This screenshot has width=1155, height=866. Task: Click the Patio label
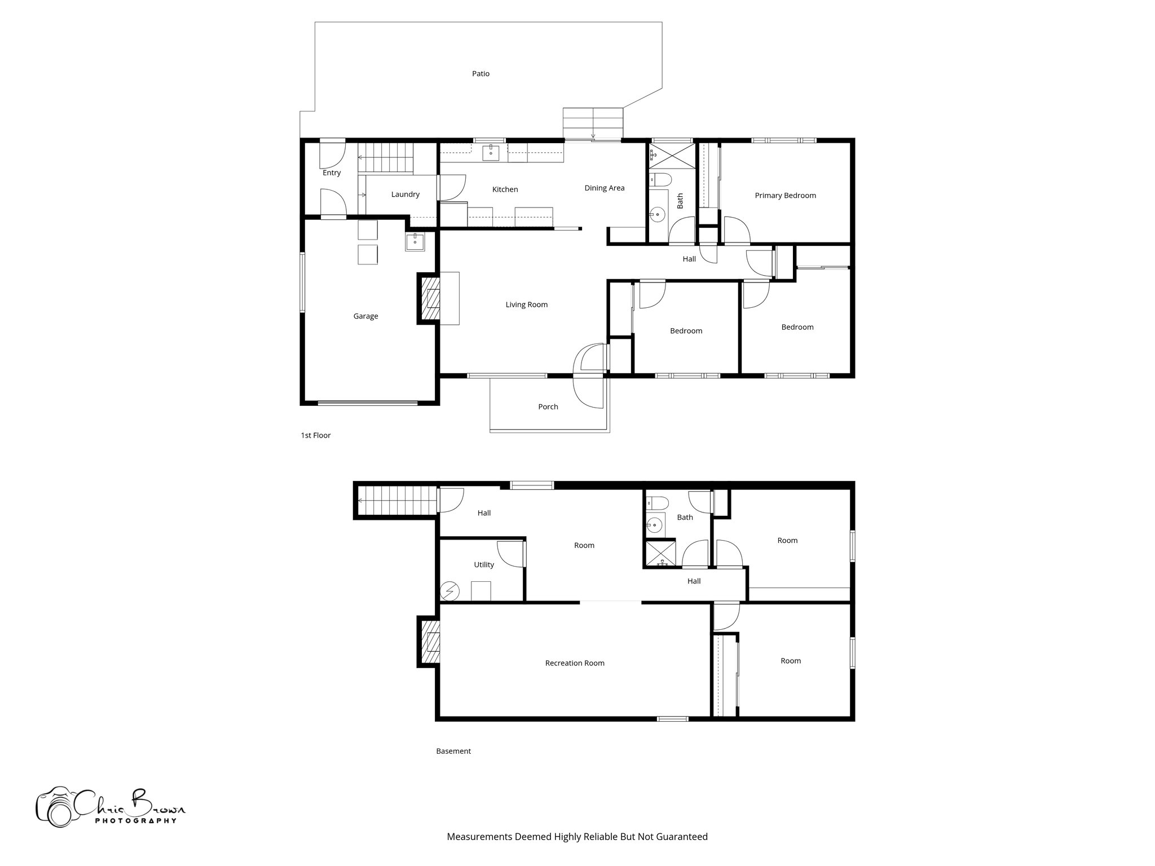tap(480, 74)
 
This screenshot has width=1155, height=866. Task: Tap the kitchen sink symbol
tap(491, 151)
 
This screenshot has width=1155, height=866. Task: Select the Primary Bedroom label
tap(785, 196)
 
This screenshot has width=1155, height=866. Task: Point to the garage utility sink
tap(415, 241)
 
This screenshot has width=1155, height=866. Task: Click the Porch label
tap(548, 407)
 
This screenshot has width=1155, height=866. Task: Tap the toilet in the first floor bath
tap(660, 180)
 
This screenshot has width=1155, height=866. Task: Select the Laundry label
tap(405, 195)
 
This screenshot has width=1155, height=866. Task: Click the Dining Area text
tap(604, 188)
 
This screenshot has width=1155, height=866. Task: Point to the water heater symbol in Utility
tap(449, 591)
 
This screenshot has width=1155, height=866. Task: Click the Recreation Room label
tap(574, 663)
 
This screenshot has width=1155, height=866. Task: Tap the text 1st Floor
tap(315, 435)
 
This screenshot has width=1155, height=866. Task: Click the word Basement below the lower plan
tap(453, 751)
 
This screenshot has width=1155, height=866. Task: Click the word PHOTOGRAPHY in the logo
tap(135, 821)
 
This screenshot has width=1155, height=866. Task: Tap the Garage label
tap(365, 316)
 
